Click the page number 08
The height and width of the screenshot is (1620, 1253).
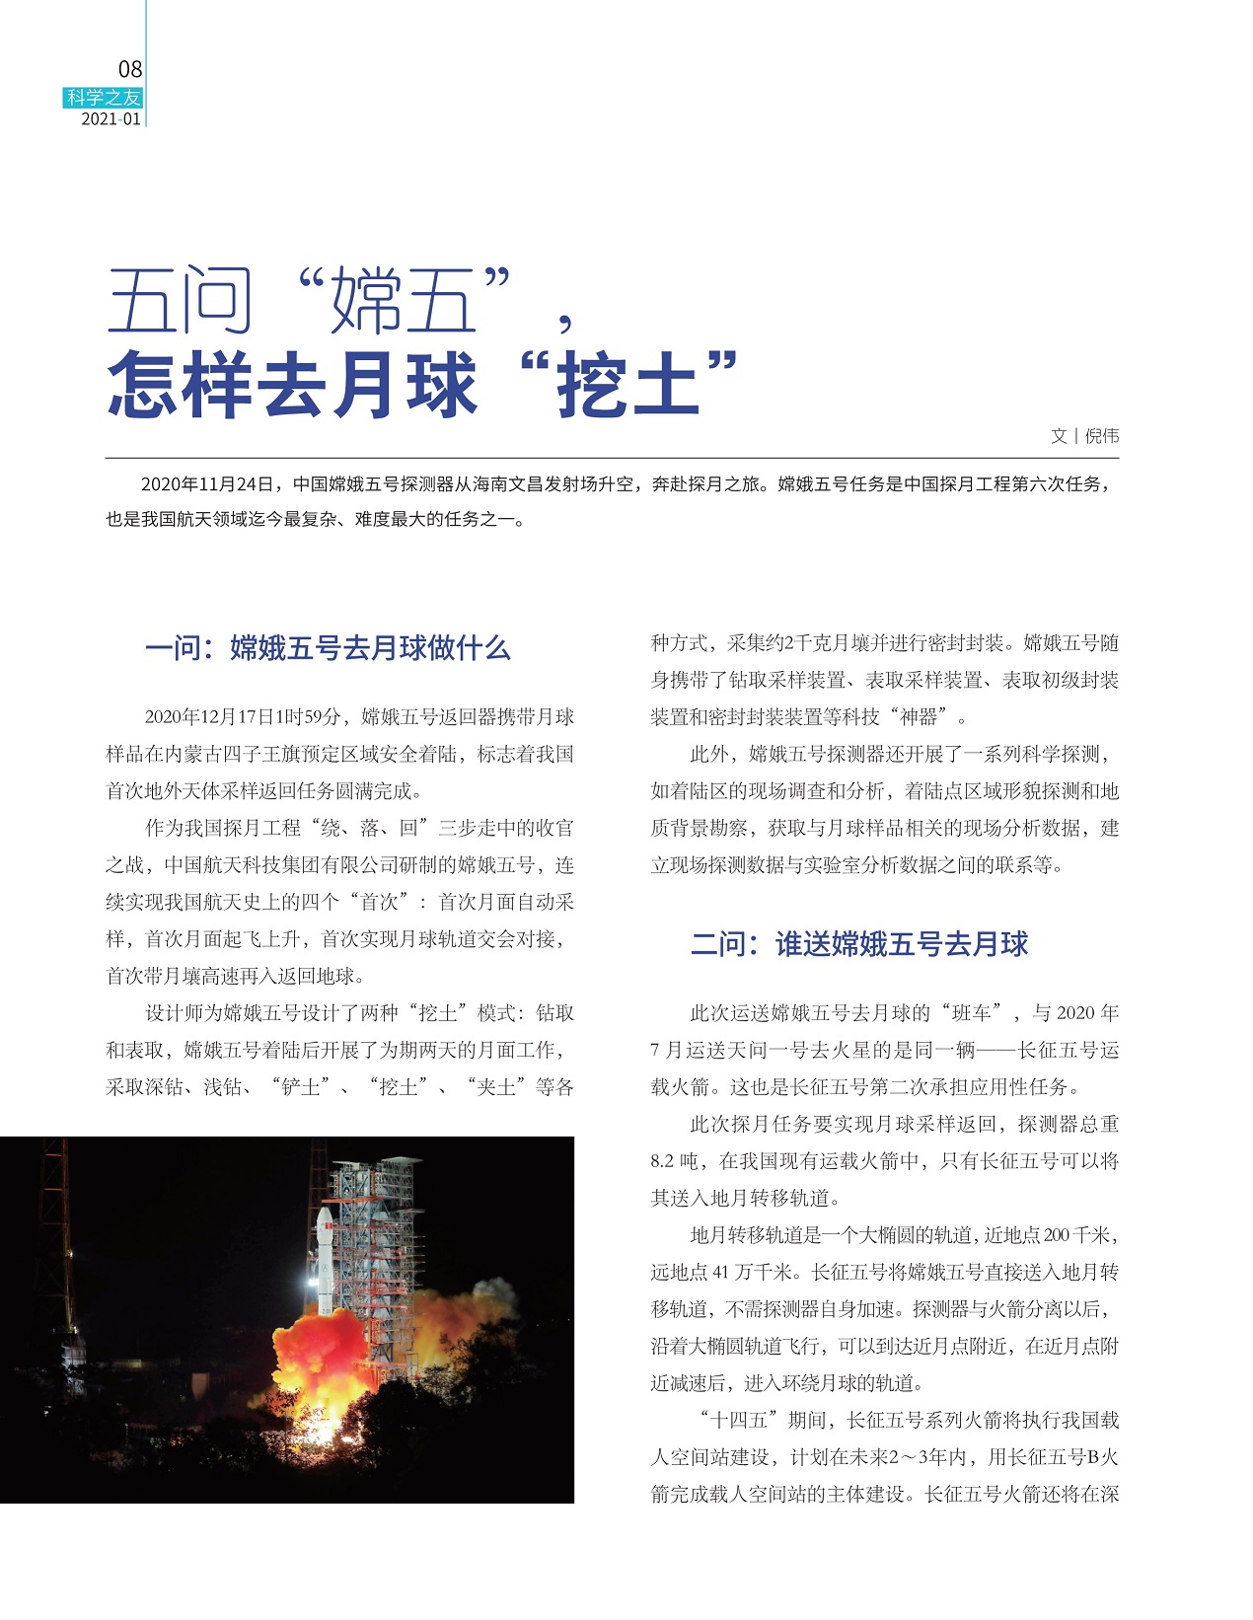point(130,69)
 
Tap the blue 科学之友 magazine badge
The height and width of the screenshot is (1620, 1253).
point(104,98)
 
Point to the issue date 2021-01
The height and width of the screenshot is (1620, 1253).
point(111,119)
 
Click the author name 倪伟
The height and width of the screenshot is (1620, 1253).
point(1101,436)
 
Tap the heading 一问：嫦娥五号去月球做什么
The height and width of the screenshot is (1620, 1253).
point(328,648)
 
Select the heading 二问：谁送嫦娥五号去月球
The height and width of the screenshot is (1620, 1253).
point(858,944)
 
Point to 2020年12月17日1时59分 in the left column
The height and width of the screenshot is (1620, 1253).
point(243,717)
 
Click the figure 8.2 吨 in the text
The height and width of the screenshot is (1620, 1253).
point(676,1161)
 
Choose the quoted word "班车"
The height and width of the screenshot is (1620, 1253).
point(973,1013)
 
